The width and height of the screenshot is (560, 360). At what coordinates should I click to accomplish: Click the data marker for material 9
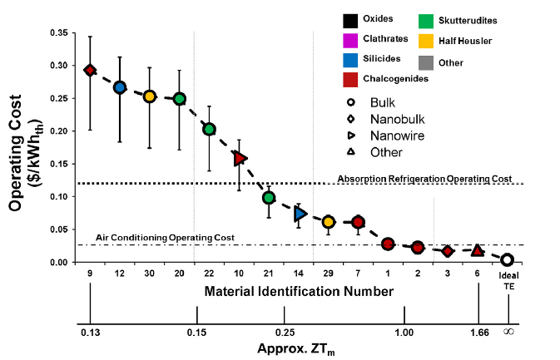click(90, 70)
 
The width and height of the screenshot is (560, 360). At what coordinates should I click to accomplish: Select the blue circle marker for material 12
click(120, 87)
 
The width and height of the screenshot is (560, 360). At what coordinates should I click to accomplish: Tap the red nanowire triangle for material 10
click(240, 158)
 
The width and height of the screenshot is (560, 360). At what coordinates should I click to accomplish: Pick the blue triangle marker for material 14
click(300, 215)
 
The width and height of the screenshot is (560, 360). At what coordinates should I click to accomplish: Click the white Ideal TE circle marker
click(508, 260)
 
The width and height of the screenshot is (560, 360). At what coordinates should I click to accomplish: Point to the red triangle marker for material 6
click(478, 250)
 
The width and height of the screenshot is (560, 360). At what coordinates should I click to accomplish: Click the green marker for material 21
click(269, 198)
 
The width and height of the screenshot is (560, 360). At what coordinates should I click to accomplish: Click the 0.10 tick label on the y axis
click(62, 197)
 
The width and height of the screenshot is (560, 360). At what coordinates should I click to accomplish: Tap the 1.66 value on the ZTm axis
click(478, 333)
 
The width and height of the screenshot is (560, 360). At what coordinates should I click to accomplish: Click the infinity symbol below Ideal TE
click(508, 332)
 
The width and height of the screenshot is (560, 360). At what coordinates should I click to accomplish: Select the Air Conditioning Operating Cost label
click(165, 237)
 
